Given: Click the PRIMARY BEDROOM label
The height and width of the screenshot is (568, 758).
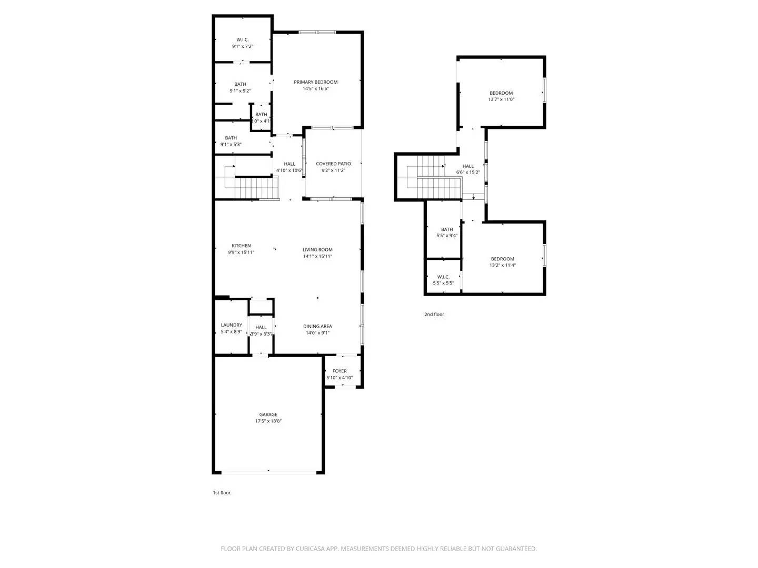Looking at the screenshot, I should pyautogui.click(x=315, y=82).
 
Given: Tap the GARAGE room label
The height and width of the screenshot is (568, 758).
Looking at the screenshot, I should pyautogui.click(x=268, y=414).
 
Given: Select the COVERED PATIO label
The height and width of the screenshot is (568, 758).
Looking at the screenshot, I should pyautogui.click(x=333, y=164).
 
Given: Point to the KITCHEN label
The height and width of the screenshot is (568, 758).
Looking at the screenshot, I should pyautogui.click(x=241, y=246).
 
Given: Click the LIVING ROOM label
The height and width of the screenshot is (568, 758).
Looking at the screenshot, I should pyautogui.click(x=317, y=250).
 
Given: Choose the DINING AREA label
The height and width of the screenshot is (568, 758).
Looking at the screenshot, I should pyautogui.click(x=317, y=326).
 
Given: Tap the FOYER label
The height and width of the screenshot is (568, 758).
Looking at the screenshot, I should pyautogui.click(x=340, y=371).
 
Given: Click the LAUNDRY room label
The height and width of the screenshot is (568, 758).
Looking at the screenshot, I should pyautogui.click(x=232, y=325).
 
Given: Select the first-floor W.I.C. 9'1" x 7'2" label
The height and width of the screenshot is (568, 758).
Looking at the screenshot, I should pyautogui.click(x=242, y=40).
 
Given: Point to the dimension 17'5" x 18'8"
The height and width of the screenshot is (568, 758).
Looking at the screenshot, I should pyautogui.click(x=268, y=421).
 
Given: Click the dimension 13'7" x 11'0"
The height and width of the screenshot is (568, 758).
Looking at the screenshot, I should pyautogui.click(x=501, y=99).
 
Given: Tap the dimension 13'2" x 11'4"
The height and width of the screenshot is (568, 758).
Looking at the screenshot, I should pyautogui.click(x=503, y=266).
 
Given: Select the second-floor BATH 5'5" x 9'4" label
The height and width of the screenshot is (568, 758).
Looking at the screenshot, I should pyautogui.click(x=447, y=229).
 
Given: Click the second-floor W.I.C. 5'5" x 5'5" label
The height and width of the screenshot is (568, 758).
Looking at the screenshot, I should pyautogui.click(x=443, y=277).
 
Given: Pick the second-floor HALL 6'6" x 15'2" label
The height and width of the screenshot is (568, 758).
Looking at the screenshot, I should pyautogui.click(x=468, y=166).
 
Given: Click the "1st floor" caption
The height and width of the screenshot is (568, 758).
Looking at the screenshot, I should pyautogui.click(x=222, y=493).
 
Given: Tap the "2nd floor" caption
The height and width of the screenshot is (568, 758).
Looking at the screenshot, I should pyautogui.click(x=434, y=315).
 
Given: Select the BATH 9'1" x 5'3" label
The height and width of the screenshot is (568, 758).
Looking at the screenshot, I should pyautogui.click(x=231, y=138).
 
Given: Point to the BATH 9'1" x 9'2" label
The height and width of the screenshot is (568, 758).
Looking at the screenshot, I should pyautogui.click(x=240, y=84).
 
